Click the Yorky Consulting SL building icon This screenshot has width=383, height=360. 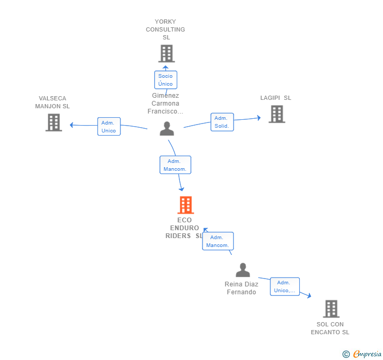[167, 54]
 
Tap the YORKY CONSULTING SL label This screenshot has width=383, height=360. [165, 29]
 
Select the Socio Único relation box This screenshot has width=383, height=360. [166, 80]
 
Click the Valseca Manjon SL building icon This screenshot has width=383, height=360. [54, 122]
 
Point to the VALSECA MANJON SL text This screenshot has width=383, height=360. [52, 102]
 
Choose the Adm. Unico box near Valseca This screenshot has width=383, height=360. [109, 127]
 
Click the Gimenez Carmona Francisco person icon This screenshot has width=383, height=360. [167, 128]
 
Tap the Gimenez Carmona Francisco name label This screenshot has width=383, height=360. [165, 103]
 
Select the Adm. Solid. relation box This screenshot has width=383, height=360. [222, 122]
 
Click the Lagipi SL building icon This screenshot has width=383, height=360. [277, 114]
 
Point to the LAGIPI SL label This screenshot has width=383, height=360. [276, 98]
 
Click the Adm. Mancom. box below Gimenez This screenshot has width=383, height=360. [175, 165]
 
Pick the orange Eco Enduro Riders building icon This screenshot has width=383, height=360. [186, 205]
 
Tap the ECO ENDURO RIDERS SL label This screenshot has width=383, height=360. [184, 228]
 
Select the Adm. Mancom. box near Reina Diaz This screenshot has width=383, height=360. [218, 241]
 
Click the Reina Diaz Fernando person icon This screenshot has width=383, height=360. [243, 270]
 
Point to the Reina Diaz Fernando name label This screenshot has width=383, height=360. [241, 288]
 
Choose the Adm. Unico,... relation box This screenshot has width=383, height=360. [285, 286]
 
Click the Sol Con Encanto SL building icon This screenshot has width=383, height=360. [331, 308]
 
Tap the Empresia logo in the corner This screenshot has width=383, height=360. [362, 354]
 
